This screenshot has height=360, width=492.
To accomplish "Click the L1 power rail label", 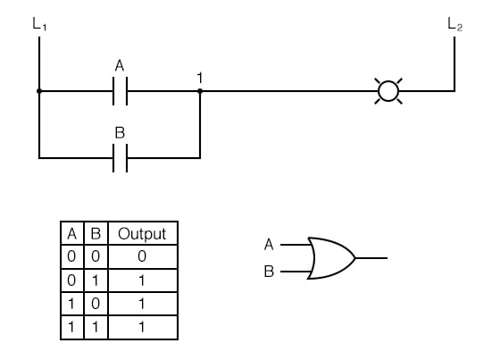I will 38,25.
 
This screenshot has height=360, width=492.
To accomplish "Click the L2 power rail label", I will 454,25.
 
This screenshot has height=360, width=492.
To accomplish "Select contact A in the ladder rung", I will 121,90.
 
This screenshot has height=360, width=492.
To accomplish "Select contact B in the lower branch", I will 121,158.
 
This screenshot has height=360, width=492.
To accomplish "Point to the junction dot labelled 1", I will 199,90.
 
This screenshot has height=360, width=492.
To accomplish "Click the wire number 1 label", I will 200,76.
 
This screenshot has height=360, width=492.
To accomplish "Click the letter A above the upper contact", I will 121,66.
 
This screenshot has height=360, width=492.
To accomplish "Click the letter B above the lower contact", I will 121,132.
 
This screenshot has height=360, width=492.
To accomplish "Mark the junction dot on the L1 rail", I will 39,90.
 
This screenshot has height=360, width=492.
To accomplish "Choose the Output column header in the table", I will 142,234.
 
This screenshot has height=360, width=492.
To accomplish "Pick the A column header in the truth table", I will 73,234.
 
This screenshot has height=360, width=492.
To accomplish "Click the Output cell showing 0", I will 142,256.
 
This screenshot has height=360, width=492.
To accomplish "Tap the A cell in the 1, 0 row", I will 73,303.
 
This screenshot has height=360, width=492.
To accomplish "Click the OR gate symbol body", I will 329,258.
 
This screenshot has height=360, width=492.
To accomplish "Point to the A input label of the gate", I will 269,244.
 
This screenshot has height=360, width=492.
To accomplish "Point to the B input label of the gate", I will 269,272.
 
